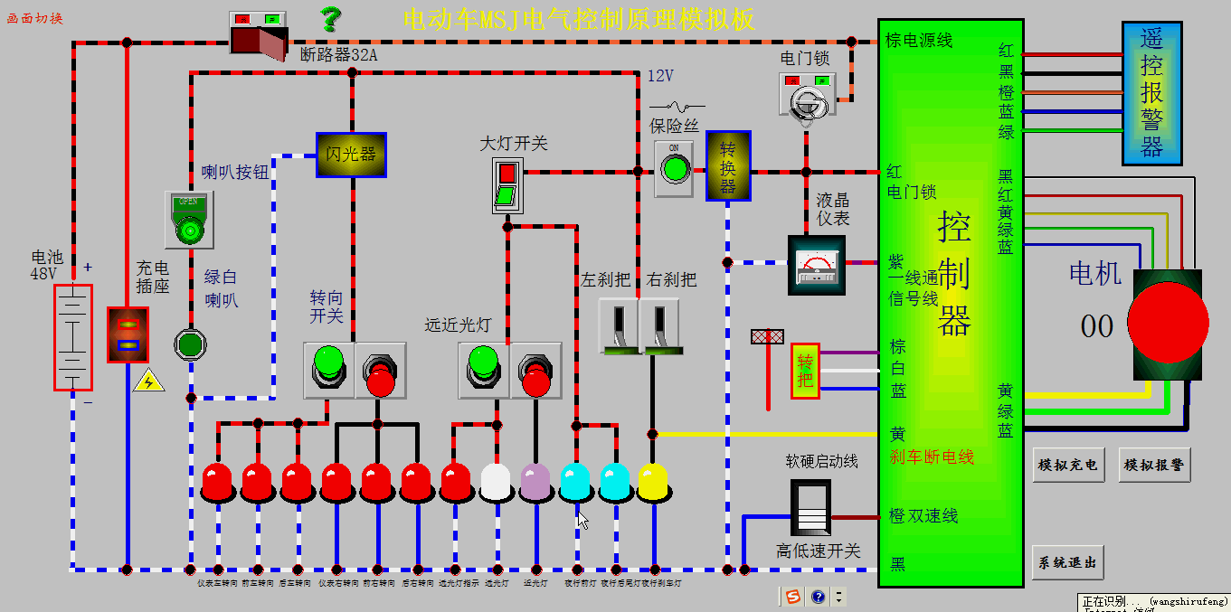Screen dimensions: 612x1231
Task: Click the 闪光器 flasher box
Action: coord(351,155)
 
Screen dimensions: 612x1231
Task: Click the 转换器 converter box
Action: coord(728,165)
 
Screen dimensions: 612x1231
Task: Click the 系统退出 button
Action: coord(1067,562)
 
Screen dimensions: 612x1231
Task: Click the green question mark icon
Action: coord(332,18)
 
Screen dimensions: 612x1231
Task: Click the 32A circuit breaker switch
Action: coord(259,33)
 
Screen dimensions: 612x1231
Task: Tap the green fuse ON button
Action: coord(673,168)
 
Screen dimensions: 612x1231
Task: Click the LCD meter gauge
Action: coord(817,265)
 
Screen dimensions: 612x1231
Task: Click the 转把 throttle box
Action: coord(805,371)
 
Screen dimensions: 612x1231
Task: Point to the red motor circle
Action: coord(1168,324)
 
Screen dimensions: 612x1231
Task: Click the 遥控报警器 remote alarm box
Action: coord(1151,93)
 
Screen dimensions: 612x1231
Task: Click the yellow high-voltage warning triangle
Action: coord(148,381)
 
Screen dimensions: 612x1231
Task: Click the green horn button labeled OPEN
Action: coord(189,220)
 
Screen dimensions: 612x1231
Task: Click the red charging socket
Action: coord(128,334)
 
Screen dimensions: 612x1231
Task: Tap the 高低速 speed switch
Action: coord(810,508)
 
